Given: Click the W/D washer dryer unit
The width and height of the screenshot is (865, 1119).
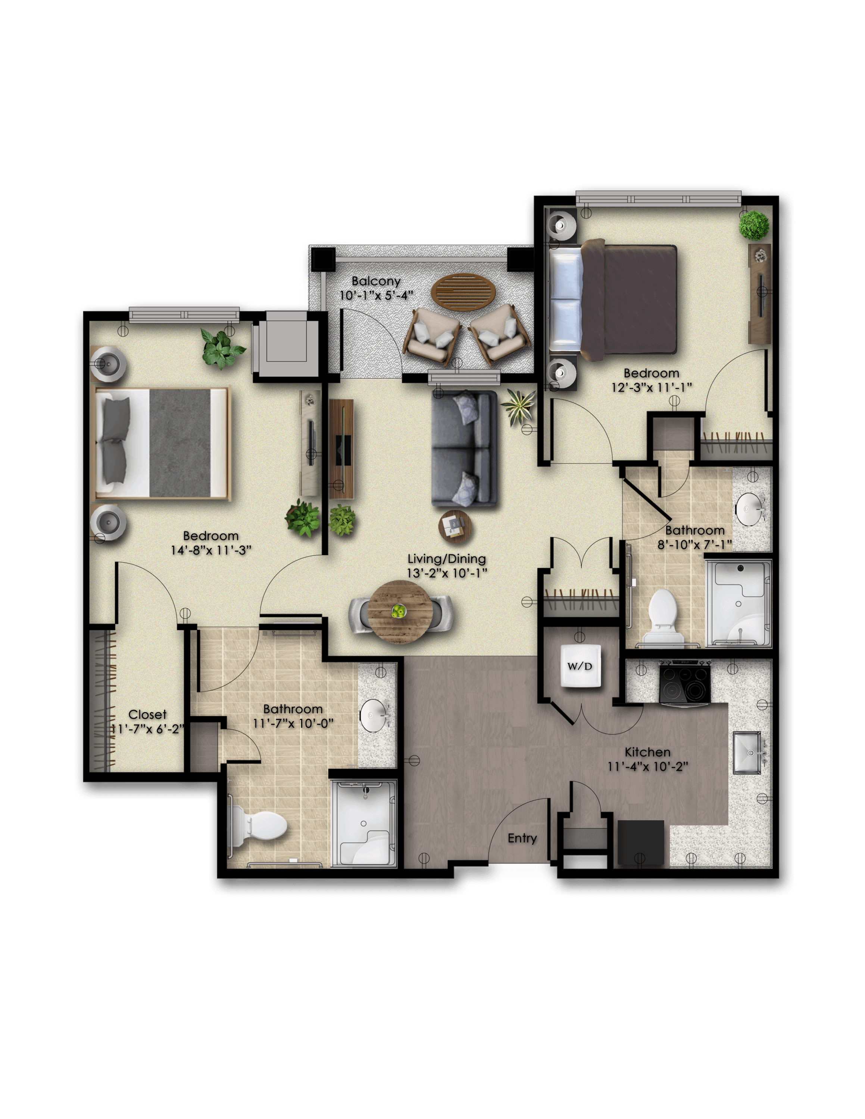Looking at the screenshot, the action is point(580,666).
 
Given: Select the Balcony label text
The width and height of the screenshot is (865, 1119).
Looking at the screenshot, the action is point(376,281).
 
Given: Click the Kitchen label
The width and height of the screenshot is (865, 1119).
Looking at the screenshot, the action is point(647,752).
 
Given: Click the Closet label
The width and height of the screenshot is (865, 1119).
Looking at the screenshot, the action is point(147,714).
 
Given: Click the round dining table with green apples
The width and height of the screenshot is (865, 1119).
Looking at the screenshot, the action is point(400,610).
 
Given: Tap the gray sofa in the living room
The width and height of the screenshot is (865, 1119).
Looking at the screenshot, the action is point(464,448).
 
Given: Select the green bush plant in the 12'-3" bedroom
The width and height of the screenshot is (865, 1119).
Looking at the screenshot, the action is point(754,225).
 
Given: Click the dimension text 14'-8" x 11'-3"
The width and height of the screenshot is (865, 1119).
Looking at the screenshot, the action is point(211,550).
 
